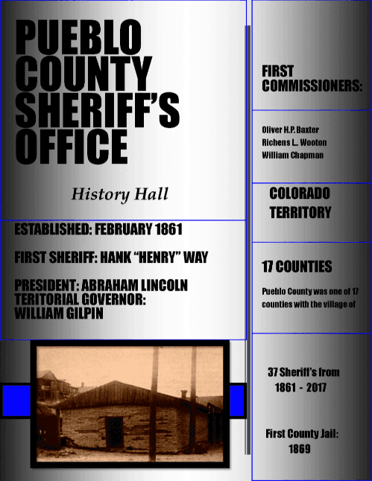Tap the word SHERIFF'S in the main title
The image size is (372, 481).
(x=97, y=109)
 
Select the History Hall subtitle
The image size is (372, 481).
(x=120, y=195)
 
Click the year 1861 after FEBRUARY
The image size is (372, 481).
(x=166, y=229)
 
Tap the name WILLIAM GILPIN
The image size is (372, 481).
(x=59, y=313)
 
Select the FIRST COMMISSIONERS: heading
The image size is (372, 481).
(x=312, y=78)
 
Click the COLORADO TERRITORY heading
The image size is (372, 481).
(x=300, y=203)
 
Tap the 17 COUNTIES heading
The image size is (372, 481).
(x=297, y=267)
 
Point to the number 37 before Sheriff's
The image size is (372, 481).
(x=274, y=372)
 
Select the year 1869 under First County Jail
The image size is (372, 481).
(x=300, y=449)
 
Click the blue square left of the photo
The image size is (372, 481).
(x=15, y=401)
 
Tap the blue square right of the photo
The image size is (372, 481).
(x=237, y=401)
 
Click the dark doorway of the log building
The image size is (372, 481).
(x=115, y=432)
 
